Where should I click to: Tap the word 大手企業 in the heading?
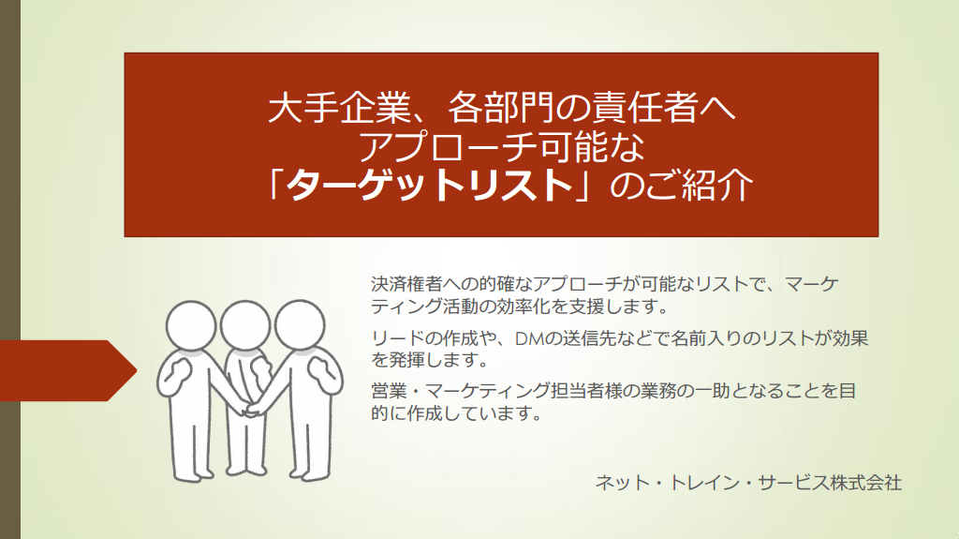[x=339, y=108]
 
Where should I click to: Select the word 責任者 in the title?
[x=644, y=108]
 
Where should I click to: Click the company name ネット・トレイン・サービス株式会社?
[x=748, y=483]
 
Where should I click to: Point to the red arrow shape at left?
[x=67, y=370]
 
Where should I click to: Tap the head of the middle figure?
[x=245, y=325]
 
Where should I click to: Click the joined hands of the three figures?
[x=252, y=409]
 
